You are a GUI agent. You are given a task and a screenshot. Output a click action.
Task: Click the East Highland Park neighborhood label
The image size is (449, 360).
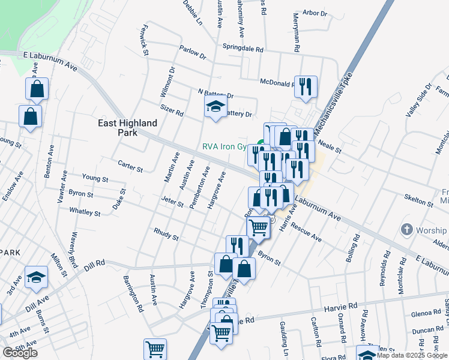click(128, 128)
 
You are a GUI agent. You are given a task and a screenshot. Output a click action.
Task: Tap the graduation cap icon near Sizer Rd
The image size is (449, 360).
click(215, 107)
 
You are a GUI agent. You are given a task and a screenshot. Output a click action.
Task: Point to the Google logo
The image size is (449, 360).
click(20, 353)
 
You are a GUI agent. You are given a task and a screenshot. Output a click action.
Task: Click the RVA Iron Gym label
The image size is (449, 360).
click(224, 145)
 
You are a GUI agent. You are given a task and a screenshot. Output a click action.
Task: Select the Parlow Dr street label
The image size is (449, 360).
click(192, 53)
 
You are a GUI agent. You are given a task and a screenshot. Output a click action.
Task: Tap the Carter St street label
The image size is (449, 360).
click(130, 166)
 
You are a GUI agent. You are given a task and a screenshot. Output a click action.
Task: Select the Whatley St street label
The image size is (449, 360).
click(85, 212)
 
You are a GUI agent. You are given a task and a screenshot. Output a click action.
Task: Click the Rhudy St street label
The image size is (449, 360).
click(166, 234)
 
